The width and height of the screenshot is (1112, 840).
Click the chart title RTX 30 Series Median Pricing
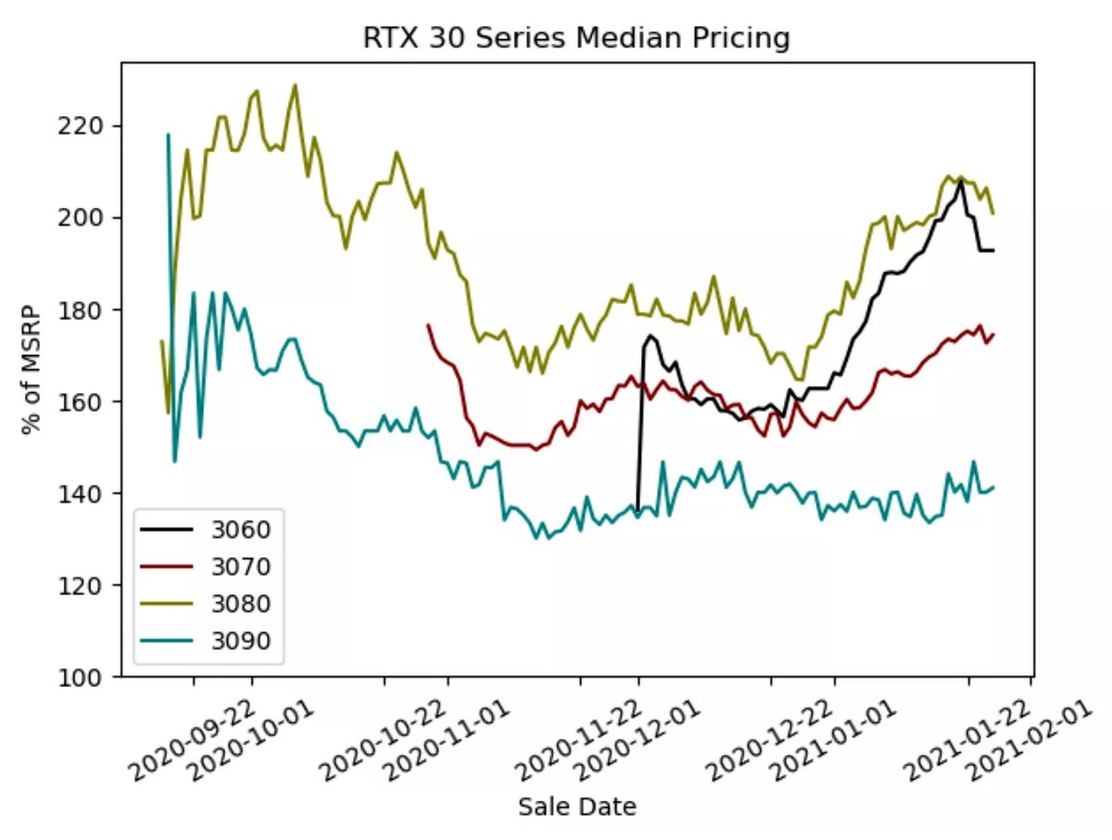[575, 38]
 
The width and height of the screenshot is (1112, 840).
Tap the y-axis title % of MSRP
[33, 371]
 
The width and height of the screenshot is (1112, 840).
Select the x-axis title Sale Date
[577, 807]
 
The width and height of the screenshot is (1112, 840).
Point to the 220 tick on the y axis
[89, 125]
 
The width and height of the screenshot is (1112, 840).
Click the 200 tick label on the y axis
[89, 217]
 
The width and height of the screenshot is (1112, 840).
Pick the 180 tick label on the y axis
[89, 309]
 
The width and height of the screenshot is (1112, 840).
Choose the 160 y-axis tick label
[89, 401]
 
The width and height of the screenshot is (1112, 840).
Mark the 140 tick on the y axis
[89, 493]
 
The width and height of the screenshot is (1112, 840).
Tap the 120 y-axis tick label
[89, 585]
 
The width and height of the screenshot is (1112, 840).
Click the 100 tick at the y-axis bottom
[89, 677]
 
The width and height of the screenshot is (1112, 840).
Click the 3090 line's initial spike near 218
[168, 134]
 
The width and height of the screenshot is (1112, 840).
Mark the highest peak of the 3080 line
[295, 85]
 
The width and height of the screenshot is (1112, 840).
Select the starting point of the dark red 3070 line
[427, 325]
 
